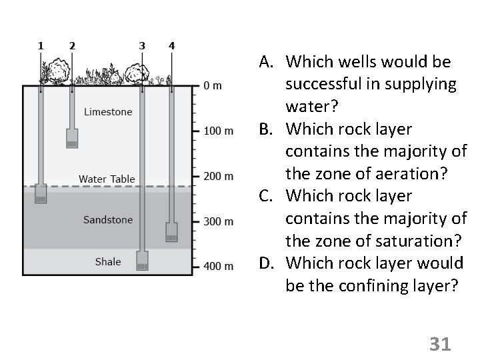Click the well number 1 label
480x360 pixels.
pos(41,46)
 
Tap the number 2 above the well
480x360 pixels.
pos(72,46)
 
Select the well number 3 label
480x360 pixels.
pos(142,46)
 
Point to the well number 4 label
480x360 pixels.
pos(171,46)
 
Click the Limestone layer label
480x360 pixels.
pos(108,112)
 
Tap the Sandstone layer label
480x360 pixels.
pos(108,219)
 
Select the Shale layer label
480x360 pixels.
pos(108,262)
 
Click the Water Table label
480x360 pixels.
pos(107,179)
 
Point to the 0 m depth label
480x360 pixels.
pos(213,86)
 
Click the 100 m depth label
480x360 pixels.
pos(218,131)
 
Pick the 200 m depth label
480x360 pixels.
pos(218,176)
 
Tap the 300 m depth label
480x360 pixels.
pos(218,221)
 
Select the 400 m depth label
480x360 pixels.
pos(218,266)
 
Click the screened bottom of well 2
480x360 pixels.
pos(72,139)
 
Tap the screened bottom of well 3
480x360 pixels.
pos(142,261)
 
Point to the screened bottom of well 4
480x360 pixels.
pos(172,232)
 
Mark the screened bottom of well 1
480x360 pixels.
pos(41,193)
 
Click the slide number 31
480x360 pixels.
pos(440,344)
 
